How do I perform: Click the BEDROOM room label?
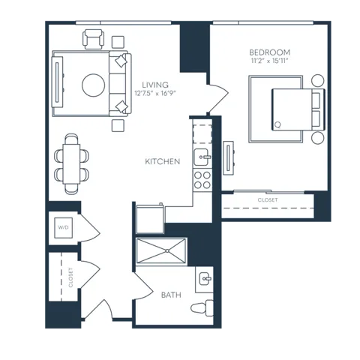(270, 52)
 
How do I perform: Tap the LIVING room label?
(155, 85)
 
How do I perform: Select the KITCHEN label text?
(163, 161)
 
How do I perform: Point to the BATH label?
(171, 295)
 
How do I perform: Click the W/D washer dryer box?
(64, 228)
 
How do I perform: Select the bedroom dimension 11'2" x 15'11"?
(270, 61)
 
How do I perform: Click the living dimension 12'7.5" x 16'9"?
(155, 93)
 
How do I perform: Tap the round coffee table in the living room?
(93, 85)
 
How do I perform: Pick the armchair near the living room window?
(93, 39)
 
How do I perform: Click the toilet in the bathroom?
(202, 308)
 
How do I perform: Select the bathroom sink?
(205, 278)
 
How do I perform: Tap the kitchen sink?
(202, 157)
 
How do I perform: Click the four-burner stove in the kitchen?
(202, 180)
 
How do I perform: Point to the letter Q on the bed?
(277, 124)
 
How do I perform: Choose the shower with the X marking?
(161, 251)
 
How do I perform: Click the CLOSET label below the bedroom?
(268, 200)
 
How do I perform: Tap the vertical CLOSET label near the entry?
(70, 277)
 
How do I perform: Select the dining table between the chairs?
(71, 164)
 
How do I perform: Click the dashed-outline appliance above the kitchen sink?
(202, 134)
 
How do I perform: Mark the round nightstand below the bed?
(318, 138)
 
